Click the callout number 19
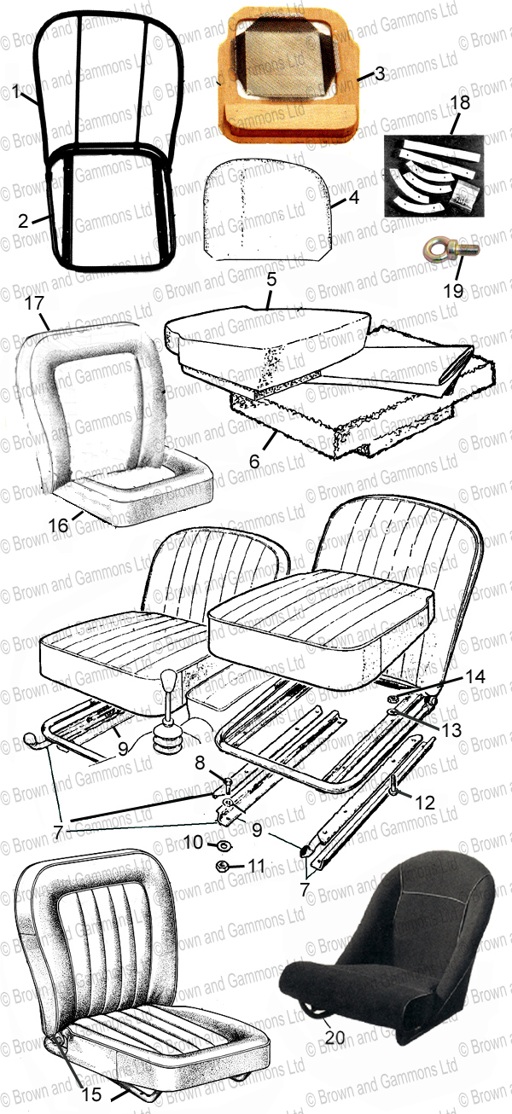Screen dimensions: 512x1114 point(453,290)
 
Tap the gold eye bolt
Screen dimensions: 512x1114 point(445,250)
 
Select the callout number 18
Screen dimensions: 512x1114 point(460,102)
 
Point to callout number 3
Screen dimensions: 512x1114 point(380,73)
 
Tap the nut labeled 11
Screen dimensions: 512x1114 point(223,866)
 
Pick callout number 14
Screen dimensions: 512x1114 point(474,676)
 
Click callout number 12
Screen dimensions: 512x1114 point(425,802)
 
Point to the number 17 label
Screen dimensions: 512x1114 point(34,303)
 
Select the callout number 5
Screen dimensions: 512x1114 point(271,279)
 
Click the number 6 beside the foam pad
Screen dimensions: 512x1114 point(254,461)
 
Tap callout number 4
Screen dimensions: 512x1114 point(353,197)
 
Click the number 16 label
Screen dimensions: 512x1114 point(58,525)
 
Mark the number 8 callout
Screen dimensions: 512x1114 point(200,763)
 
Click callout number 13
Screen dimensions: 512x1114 point(451,730)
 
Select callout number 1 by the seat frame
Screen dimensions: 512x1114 point(15,91)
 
